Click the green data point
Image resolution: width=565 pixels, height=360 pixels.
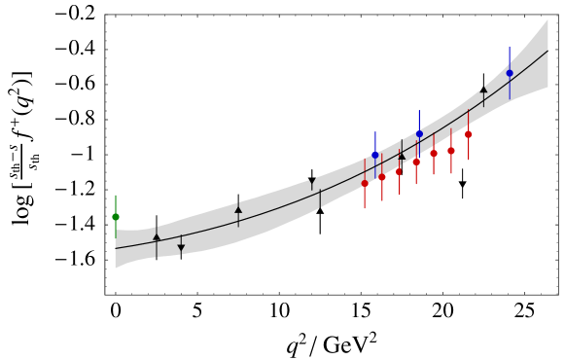[x=116, y=217]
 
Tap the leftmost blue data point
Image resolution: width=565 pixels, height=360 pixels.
[x=375, y=155]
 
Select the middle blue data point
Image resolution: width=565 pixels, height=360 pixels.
[x=419, y=134]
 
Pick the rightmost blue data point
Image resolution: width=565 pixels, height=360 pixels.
[x=510, y=73]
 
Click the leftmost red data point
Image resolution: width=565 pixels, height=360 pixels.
[x=365, y=183]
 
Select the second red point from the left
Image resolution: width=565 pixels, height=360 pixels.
[x=382, y=177]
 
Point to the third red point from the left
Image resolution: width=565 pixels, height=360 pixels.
[x=399, y=171]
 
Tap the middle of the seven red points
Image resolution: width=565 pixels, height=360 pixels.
[x=416, y=162]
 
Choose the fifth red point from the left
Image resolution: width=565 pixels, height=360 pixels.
[x=434, y=153]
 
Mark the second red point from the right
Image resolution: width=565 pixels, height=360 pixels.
[x=451, y=151]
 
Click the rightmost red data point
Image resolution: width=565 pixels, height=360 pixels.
[x=469, y=134]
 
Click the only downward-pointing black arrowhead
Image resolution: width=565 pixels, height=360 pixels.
[x=181, y=249]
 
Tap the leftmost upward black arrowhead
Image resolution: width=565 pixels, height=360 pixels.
[x=157, y=235]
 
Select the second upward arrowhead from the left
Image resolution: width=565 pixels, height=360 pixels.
[x=238, y=208]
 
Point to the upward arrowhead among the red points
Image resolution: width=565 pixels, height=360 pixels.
[x=402, y=155]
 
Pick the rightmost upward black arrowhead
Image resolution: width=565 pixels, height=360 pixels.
[x=483, y=89]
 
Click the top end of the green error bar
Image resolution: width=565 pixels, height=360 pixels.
[x=116, y=195]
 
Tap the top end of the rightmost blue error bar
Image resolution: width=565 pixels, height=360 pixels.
[x=510, y=47]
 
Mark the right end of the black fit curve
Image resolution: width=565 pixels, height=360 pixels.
[x=547, y=51]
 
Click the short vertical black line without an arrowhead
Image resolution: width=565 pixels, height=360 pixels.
[x=320, y=198]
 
